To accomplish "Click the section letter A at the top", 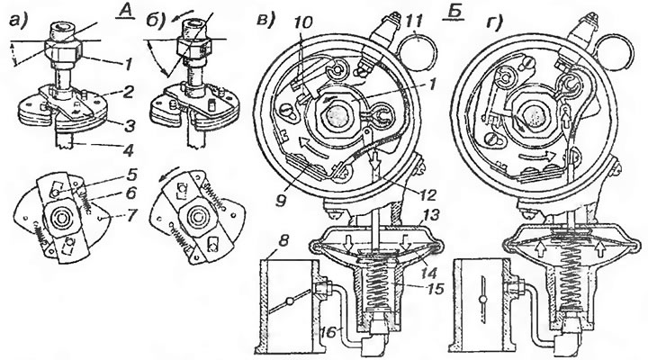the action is (x=123, y=11).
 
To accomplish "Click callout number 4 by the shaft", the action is (x=129, y=150).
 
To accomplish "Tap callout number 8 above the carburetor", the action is (x=283, y=240).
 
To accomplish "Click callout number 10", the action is (x=303, y=22).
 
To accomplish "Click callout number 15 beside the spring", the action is (x=435, y=288).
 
